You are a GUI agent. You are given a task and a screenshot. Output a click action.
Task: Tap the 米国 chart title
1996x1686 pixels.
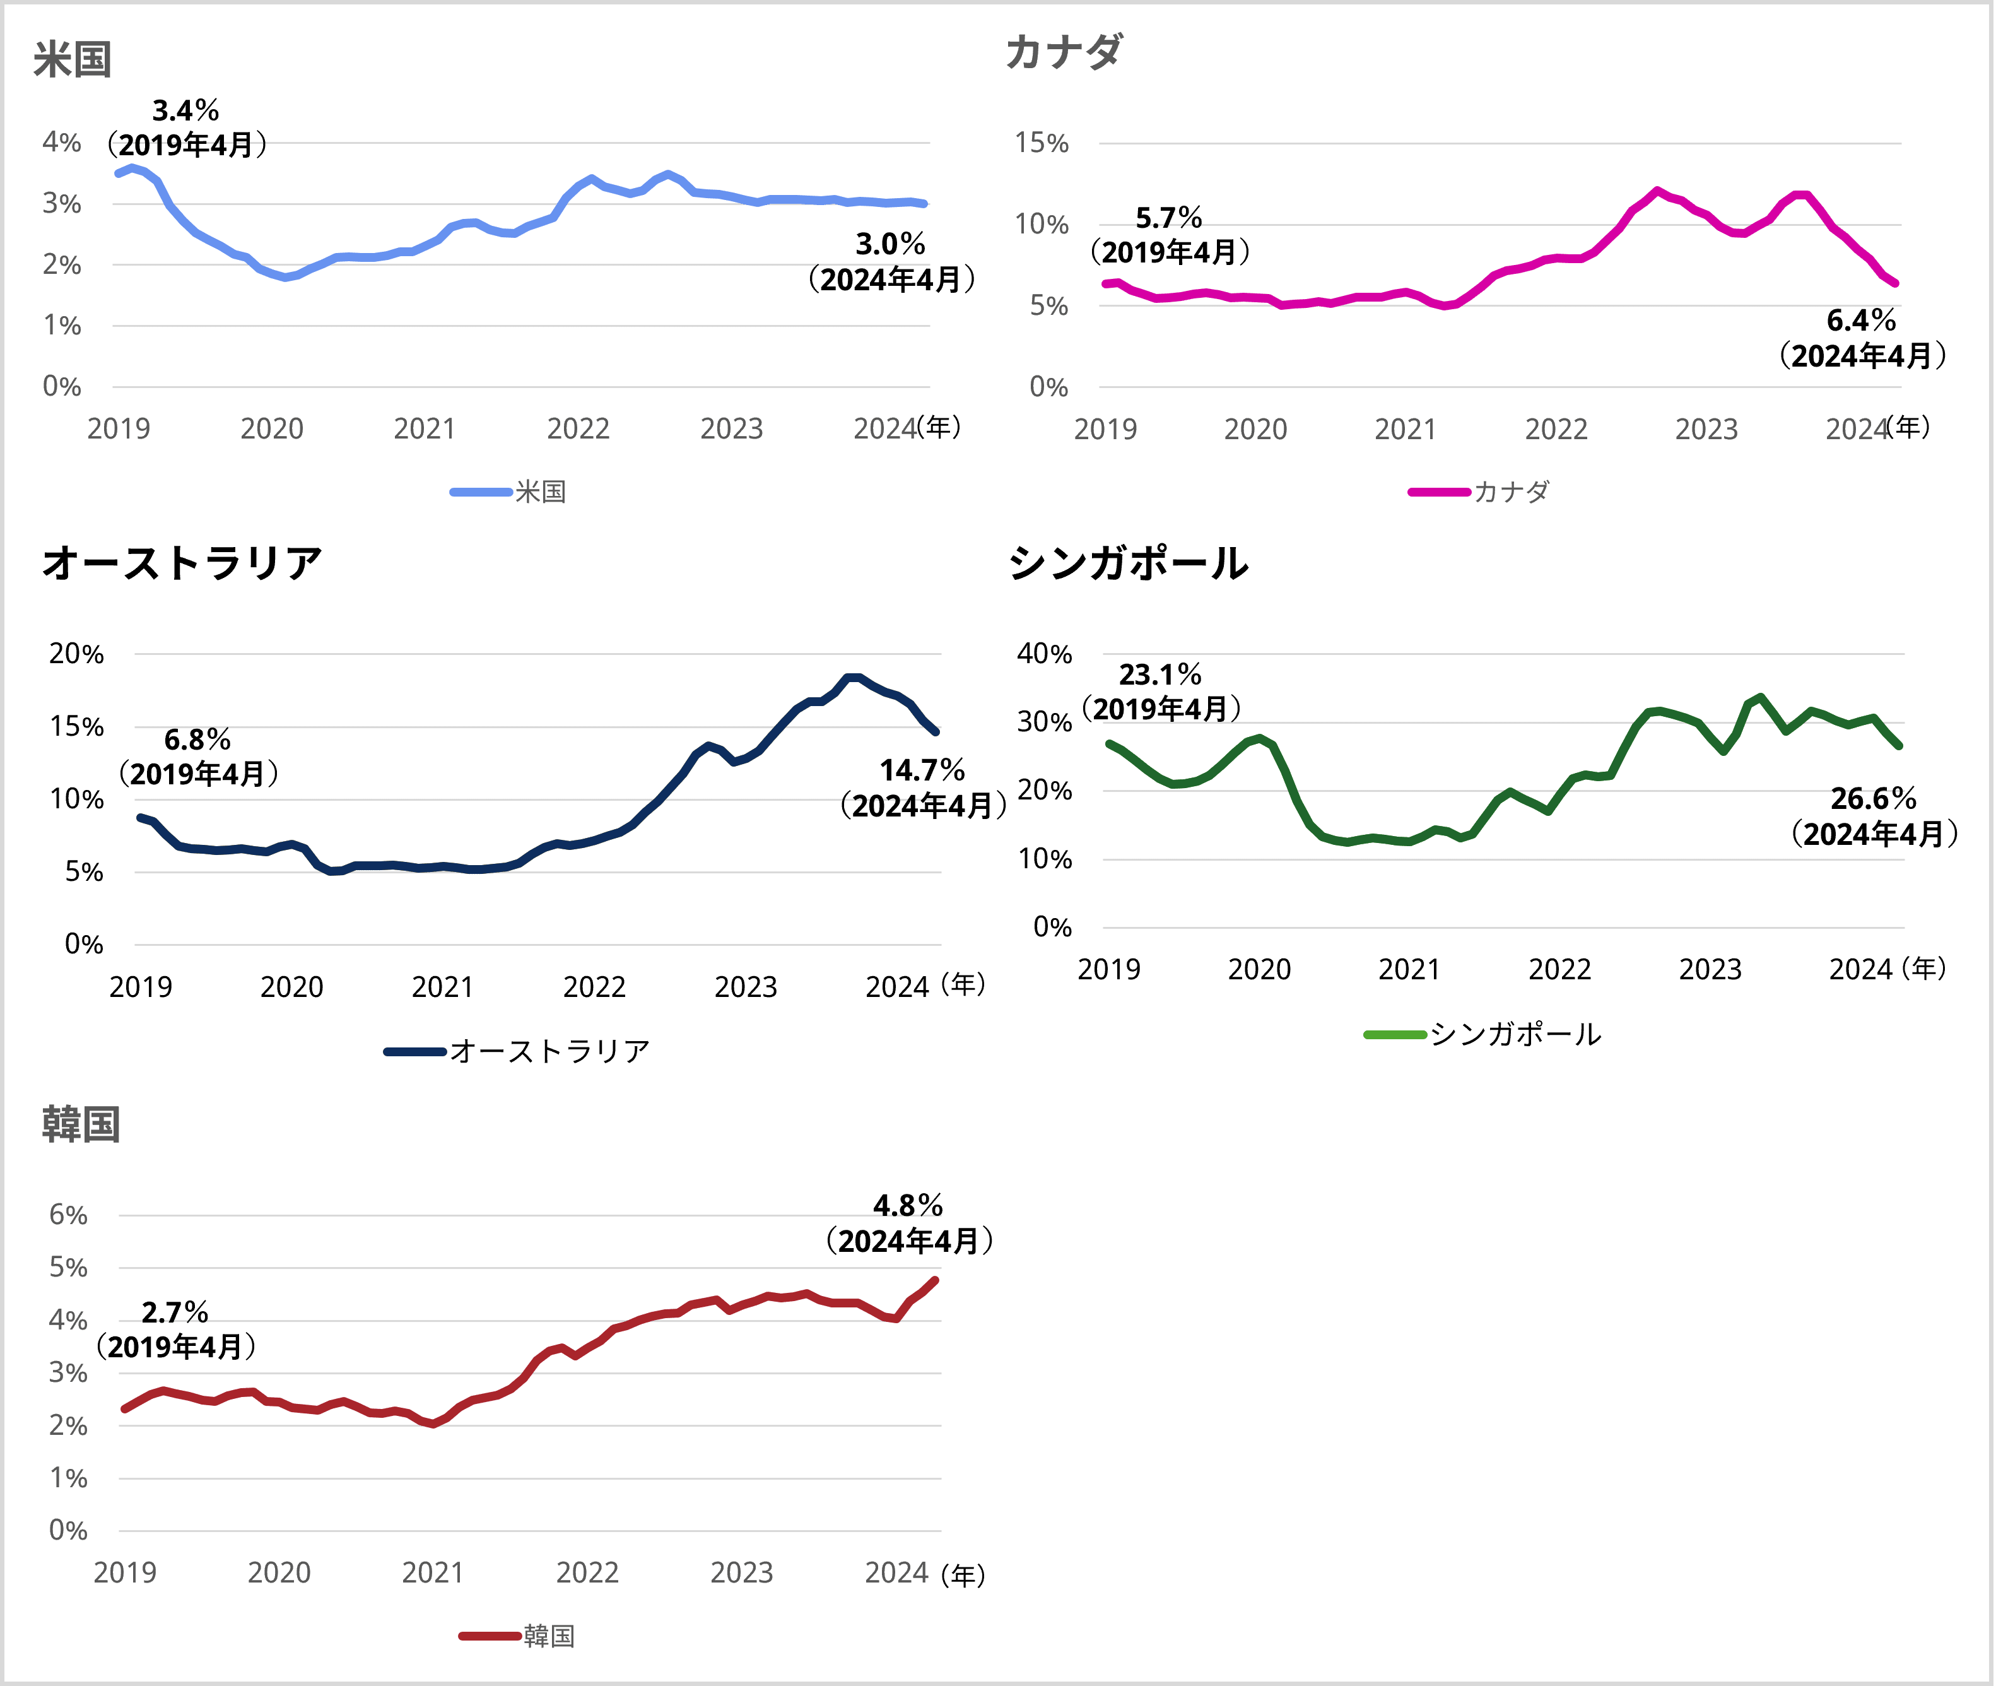(x=73, y=59)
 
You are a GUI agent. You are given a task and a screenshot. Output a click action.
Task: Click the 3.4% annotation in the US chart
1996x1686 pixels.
(x=186, y=111)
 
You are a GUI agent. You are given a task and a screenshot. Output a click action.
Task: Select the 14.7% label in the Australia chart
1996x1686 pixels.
(x=922, y=770)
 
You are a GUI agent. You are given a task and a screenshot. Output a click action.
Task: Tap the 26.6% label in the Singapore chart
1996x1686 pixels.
(x=1873, y=799)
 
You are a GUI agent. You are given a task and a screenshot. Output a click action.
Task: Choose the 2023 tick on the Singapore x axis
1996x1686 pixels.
(x=1710, y=969)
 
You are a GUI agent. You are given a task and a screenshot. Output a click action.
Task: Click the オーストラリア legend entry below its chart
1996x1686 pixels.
(x=549, y=1051)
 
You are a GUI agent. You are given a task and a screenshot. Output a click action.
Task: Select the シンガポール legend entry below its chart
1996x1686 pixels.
(x=1515, y=1034)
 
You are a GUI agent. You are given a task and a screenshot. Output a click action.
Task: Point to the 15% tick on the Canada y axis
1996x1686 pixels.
(x=1042, y=143)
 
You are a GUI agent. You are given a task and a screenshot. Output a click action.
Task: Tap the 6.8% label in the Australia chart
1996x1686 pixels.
(x=198, y=740)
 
